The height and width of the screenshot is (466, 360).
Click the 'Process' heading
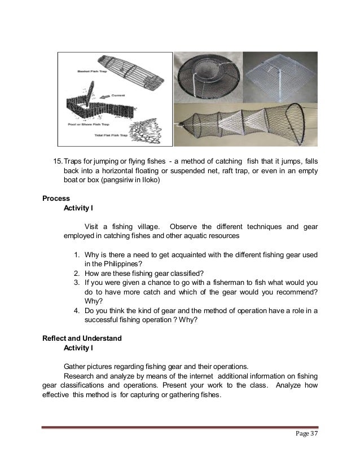[56, 199]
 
